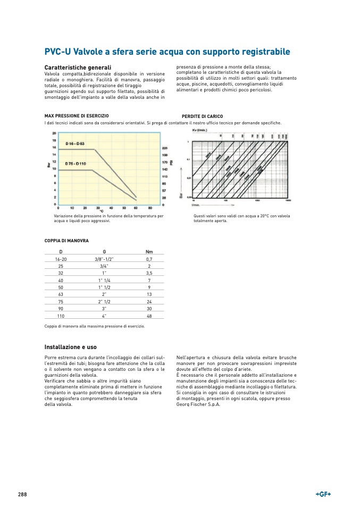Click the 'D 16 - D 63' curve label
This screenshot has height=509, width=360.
pyautogui.click(x=75, y=144)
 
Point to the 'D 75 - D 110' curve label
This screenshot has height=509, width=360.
pyautogui.click(x=76, y=163)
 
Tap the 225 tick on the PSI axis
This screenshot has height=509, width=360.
pyautogui.click(x=164, y=148)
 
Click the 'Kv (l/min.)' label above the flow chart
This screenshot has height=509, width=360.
pyautogui.click(x=200, y=130)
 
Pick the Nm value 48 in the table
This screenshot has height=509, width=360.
pyautogui.click(x=149, y=315)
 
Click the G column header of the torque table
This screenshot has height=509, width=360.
pyautogui.click(x=104, y=251)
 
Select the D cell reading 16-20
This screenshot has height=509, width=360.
pyautogui.click(x=61, y=259)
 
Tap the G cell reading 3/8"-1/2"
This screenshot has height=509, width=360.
pyautogui.click(x=104, y=259)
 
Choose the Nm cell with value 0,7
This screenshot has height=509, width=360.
pyautogui.click(x=149, y=259)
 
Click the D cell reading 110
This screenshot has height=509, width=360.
pyautogui.click(x=61, y=315)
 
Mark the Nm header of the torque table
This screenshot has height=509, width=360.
pyautogui.click(x=149, y=251)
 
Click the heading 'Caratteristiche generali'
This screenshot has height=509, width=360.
pyautogui.click(x=78, y=68)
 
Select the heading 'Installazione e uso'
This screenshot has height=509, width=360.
pyautogui.click(x=71, y=347)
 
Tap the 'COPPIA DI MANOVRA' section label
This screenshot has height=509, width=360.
pyautogui.click(x=66, y=241)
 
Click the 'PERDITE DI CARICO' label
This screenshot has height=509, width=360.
pyautogui.click(x=202, y=116)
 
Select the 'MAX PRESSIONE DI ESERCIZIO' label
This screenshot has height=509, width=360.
pyautogui.click(x=77, y=115)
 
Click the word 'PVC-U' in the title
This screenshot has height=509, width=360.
pyautogui.click(x=57, y=52)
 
